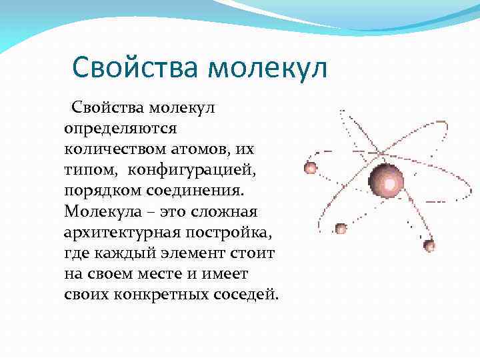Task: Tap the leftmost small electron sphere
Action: pyautogui.click(x=310, y=167)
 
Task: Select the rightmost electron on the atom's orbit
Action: pyautogui.click(x=429, y=245)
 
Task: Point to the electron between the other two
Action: pyautogui.click(x=341, y=229)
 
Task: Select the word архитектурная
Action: pyautogui.click(x=125, y=233)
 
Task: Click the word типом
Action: pyautogui.click(x=89, y=169)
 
